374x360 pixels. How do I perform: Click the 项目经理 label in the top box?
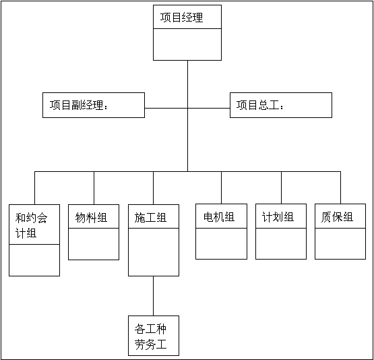[x=181, y=18]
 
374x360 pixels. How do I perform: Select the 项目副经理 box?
[x=94, y=105]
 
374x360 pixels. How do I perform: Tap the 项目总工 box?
[x=281, y=105]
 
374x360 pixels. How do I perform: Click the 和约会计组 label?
[x=31, y=225]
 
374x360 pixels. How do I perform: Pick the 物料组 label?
[x=91, y=218]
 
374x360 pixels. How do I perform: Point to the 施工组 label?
[x=150, y=218]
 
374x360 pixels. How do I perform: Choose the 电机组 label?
[x=219, y=217]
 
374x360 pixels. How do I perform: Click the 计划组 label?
[x=278, y=217]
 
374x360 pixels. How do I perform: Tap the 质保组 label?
[x=337, y=217]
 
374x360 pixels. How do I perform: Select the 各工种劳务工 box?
[x=154, y=336]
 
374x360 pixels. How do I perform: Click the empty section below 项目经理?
[x=187, y=44]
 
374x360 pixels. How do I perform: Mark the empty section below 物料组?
[x=94, y=244]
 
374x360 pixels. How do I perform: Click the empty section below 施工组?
[x=154, y=252]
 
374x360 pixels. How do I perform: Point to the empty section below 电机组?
[x=221, y=243]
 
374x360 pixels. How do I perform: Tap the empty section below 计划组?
[x=281, y=243]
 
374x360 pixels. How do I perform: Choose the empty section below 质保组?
[x=340, y=243]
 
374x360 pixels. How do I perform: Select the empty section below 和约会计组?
[x=34, y=260]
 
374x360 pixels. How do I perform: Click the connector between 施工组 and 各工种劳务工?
[x=153, y=296]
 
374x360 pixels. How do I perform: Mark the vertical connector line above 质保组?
[x=340, y=188]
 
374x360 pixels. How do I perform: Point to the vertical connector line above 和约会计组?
[x=34, y=188]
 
